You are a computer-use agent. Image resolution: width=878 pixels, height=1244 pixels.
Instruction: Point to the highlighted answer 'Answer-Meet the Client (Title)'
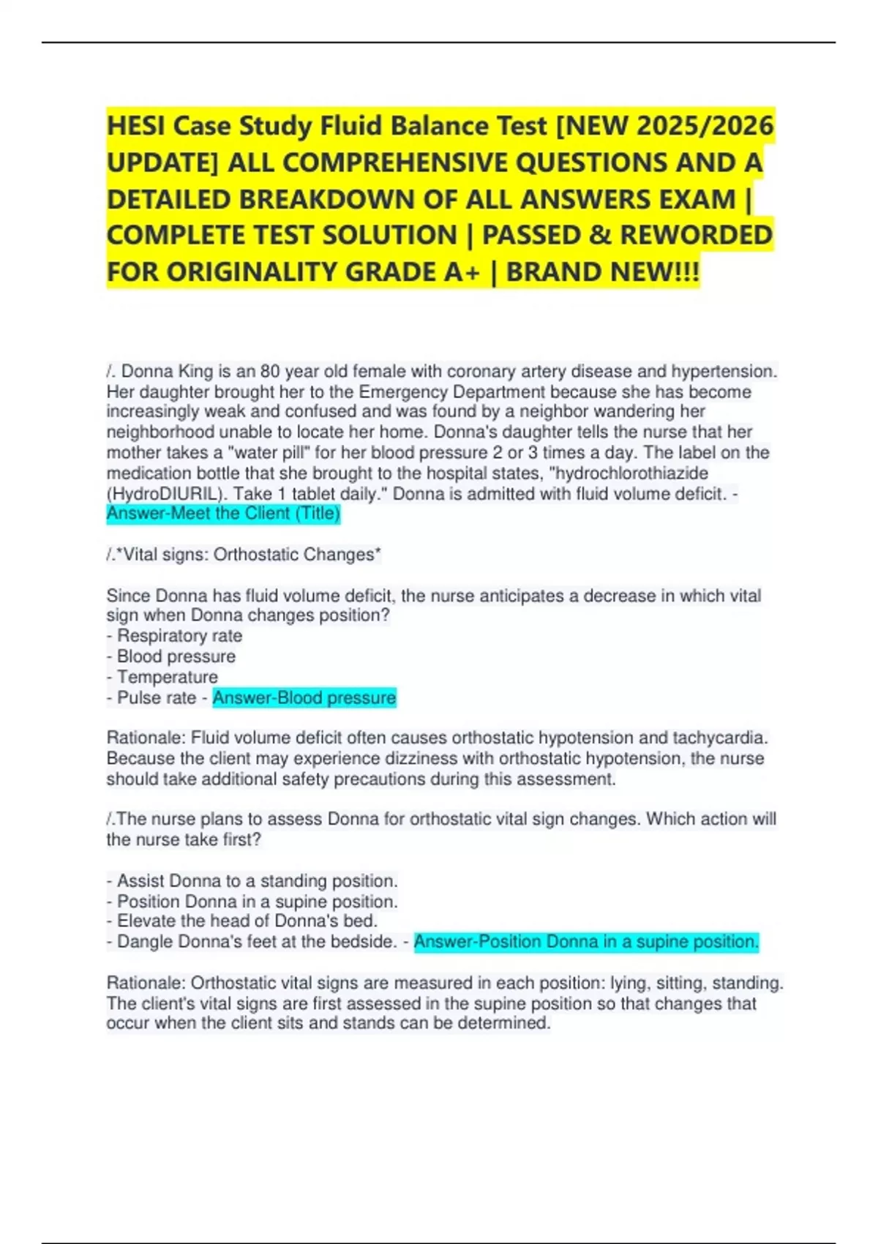point(223,514)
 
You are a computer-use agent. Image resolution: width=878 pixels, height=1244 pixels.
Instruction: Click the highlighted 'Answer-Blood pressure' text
point(304,698)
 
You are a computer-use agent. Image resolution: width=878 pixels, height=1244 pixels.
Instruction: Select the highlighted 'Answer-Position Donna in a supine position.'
point(586,942)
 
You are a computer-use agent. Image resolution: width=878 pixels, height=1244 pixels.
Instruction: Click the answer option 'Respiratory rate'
point(179,636)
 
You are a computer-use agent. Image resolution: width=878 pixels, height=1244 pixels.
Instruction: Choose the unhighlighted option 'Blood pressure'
point(176,656)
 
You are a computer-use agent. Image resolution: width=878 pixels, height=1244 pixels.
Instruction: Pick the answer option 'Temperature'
point(168,677)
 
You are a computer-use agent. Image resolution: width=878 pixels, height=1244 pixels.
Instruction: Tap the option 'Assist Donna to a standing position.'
point(257,881)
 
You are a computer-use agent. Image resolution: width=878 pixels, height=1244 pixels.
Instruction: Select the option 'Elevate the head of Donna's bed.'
point(247,921)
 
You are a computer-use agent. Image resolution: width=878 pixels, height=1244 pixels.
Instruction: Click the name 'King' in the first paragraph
point(195,372)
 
